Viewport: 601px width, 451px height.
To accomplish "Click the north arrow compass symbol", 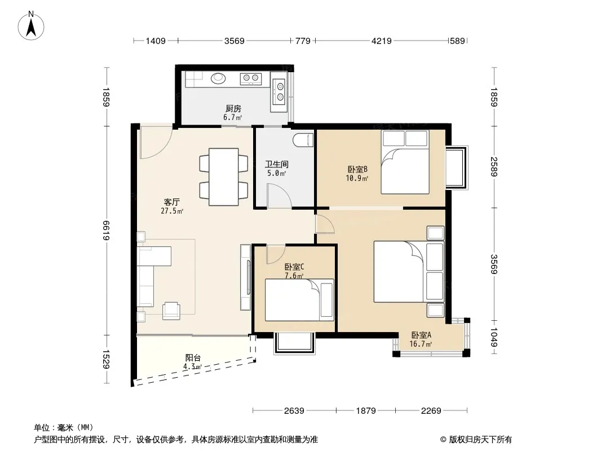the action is click(x=31, y=26).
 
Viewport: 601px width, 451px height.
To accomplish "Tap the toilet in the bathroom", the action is click(x=303, y=140).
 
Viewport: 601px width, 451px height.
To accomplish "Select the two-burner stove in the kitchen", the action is click(x=251, y=78).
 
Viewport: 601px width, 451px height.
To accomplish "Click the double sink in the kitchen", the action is click(x=279, y=91).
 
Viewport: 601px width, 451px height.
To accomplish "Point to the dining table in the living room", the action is click(x=223, y=176).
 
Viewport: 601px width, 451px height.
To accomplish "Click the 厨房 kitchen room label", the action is click(x=233, y=109).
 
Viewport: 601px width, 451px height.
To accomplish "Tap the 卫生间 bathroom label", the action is click(x=276, y=165).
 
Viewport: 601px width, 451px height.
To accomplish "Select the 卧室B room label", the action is click(x=357, y=169).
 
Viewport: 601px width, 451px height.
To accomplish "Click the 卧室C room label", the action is click(x=294, y=267).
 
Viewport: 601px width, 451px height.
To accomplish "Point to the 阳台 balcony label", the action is click(x=193, y=358).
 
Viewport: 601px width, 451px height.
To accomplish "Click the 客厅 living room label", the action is click(x=172, y=202).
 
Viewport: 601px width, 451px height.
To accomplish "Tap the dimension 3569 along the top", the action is click(x=234, y=41).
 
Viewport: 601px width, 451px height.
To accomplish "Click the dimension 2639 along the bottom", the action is click(x=294, y=411).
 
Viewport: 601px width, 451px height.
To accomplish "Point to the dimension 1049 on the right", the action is click(x=494, y=337).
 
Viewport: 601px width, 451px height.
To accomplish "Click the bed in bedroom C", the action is click(x=299, y=300).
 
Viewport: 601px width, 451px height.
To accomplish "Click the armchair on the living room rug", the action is click(x=171, y=311).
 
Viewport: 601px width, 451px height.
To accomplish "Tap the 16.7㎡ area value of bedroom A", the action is click(x=421, y=344).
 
